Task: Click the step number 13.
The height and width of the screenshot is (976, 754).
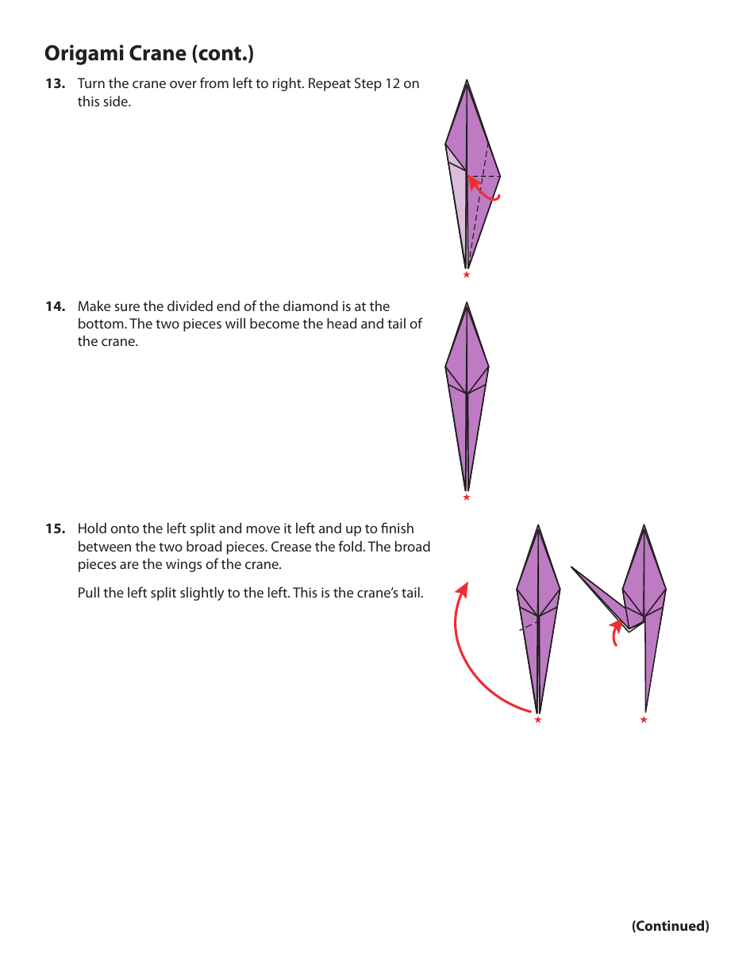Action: tap(55, 84)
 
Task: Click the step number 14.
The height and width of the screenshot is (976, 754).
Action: tap(55, 306)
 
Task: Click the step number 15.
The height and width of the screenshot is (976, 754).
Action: tap(55, 529)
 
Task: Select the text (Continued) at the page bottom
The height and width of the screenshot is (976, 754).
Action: tap(670, 926)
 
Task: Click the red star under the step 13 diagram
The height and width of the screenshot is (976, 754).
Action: tap(467, 275)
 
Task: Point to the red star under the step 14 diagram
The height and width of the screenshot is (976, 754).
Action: tap(467, 498)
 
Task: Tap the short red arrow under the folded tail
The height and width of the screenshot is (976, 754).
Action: tap(615, 633)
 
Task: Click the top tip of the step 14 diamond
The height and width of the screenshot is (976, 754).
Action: tap(467, 304)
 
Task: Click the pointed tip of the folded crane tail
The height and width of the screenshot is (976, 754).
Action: tap(572, 567)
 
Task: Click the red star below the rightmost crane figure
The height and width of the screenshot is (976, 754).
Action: tap(644, 720)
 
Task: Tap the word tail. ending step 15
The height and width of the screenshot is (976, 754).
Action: tap(410, 592)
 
